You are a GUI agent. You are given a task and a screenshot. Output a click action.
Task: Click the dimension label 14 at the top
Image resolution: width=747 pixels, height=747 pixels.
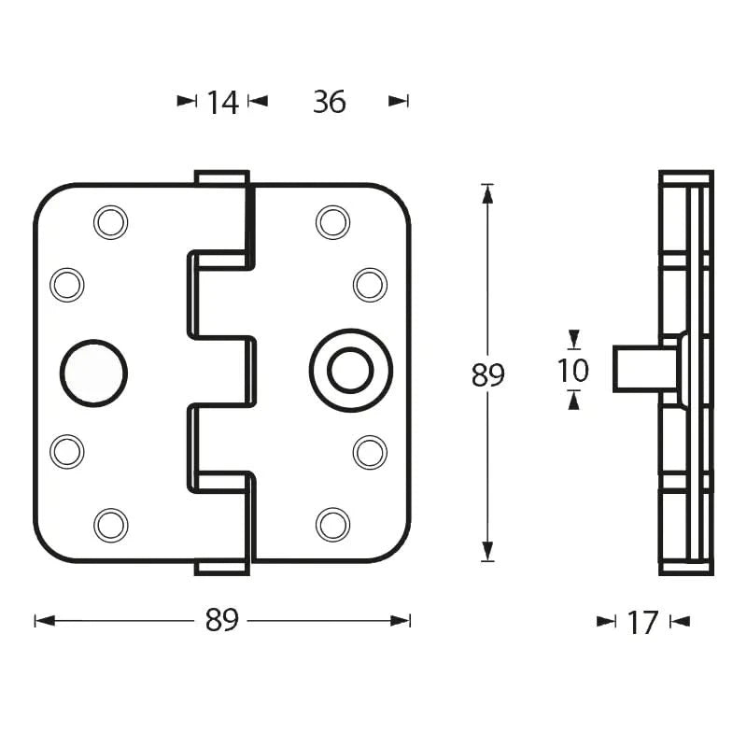(222, 102)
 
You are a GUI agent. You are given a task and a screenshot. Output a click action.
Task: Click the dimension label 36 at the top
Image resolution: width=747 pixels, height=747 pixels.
(329, 102)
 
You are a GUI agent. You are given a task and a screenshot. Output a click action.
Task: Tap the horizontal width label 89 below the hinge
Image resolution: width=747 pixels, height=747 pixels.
(222, 620)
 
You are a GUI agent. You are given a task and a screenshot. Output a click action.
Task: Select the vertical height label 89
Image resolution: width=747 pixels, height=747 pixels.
(487, 375)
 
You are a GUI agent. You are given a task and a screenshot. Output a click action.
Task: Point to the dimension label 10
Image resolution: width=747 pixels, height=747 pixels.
(573, 371)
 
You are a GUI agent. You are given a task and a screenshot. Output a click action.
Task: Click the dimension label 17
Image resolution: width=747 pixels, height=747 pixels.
(642, 622)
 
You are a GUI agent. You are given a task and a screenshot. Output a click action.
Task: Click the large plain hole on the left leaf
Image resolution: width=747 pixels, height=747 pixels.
(94, 373)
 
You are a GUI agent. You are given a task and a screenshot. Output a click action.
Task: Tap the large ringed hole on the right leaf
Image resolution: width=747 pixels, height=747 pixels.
(350, 371)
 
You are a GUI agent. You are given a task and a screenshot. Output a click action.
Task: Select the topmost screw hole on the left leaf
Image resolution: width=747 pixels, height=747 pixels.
(111, 222)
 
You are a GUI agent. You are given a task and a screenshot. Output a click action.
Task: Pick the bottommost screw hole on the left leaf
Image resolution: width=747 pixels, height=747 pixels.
(111, 524)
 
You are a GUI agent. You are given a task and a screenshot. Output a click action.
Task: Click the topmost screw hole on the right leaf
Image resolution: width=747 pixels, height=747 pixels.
(333, 222)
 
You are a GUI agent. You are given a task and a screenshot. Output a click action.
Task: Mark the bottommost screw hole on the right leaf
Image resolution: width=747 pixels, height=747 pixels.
(333, 524)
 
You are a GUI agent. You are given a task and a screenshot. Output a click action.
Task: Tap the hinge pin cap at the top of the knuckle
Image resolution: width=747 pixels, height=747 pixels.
(221, 177)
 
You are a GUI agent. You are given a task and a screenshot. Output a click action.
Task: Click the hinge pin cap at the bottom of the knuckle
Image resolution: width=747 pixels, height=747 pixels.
(221, 567)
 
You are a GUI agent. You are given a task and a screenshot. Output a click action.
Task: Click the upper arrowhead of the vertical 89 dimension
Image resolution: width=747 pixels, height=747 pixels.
(486, 191)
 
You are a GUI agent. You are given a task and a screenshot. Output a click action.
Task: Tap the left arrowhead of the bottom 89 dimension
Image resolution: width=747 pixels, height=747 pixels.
(42, 620)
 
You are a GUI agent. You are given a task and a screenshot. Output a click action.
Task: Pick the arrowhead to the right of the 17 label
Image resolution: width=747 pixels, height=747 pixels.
(679, 622)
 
